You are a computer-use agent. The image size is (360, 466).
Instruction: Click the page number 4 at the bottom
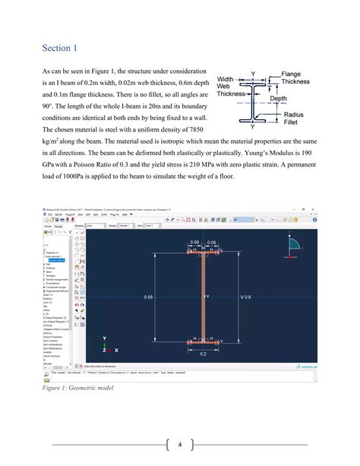click(x=180, y=445)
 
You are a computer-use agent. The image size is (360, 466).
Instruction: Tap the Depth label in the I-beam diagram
click(x=278, y=99)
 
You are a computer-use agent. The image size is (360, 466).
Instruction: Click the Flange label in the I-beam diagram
click(x=293, y=74)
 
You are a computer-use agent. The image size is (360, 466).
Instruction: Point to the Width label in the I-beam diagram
click(x=226, y=79)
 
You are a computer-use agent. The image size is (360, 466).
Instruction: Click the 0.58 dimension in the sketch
click(x=149, y=296)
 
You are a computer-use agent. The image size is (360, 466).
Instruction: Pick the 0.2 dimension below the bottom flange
click(x=203, y=353)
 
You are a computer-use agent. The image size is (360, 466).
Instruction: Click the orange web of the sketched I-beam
click(x=204, y=296)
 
